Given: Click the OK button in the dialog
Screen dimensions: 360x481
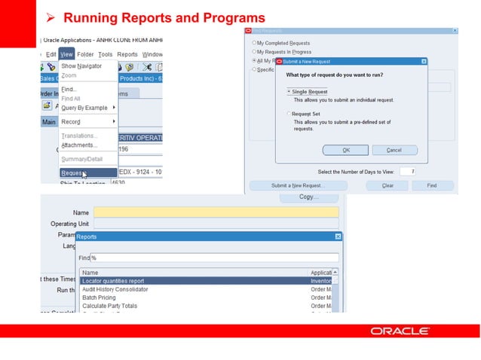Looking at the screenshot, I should pyautogui.click(x=345, y=150).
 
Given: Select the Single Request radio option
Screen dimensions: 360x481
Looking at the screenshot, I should pyautogui.click(x=288, y=91).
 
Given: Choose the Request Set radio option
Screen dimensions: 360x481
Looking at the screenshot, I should pyautogui.click(x=288, y=114).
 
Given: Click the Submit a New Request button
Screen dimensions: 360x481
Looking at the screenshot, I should pyautogui.click(x=297, y=185).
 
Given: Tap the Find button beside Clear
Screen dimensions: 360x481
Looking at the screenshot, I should pyautogui.click(x=431, y=185).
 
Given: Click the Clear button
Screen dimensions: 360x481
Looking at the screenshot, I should pyautogui.click(x=388, y=185).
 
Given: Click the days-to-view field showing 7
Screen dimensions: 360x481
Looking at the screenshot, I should pyautogui.click(x=408, y=172).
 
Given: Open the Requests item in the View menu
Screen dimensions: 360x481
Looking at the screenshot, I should pyautogui.click(x=73, y=172).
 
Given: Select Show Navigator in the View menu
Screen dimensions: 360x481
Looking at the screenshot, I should pyautogui.click(x=81, y=66).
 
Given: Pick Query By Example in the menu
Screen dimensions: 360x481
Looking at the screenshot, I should pyautogui.click(x=84, y=108).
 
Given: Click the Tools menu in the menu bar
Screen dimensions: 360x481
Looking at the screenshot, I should pyautogui.click(x=105, y=54).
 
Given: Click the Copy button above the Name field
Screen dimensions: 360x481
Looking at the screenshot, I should pyautogui.click(x=308, y=197).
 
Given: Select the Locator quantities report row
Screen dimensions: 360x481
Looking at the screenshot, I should pyautogui.click(x=113, y=281).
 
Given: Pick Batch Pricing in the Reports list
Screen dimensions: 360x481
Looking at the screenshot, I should pyautogui.click(x=99, y=297).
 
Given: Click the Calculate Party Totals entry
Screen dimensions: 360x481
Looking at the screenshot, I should pyautogui.click(x=109, y=306).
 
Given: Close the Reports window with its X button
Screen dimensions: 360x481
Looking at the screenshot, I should pyautogui.click(x=338, y=236).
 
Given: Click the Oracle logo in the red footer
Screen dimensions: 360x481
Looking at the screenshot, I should pyautogui.click(x=400, y=331).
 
